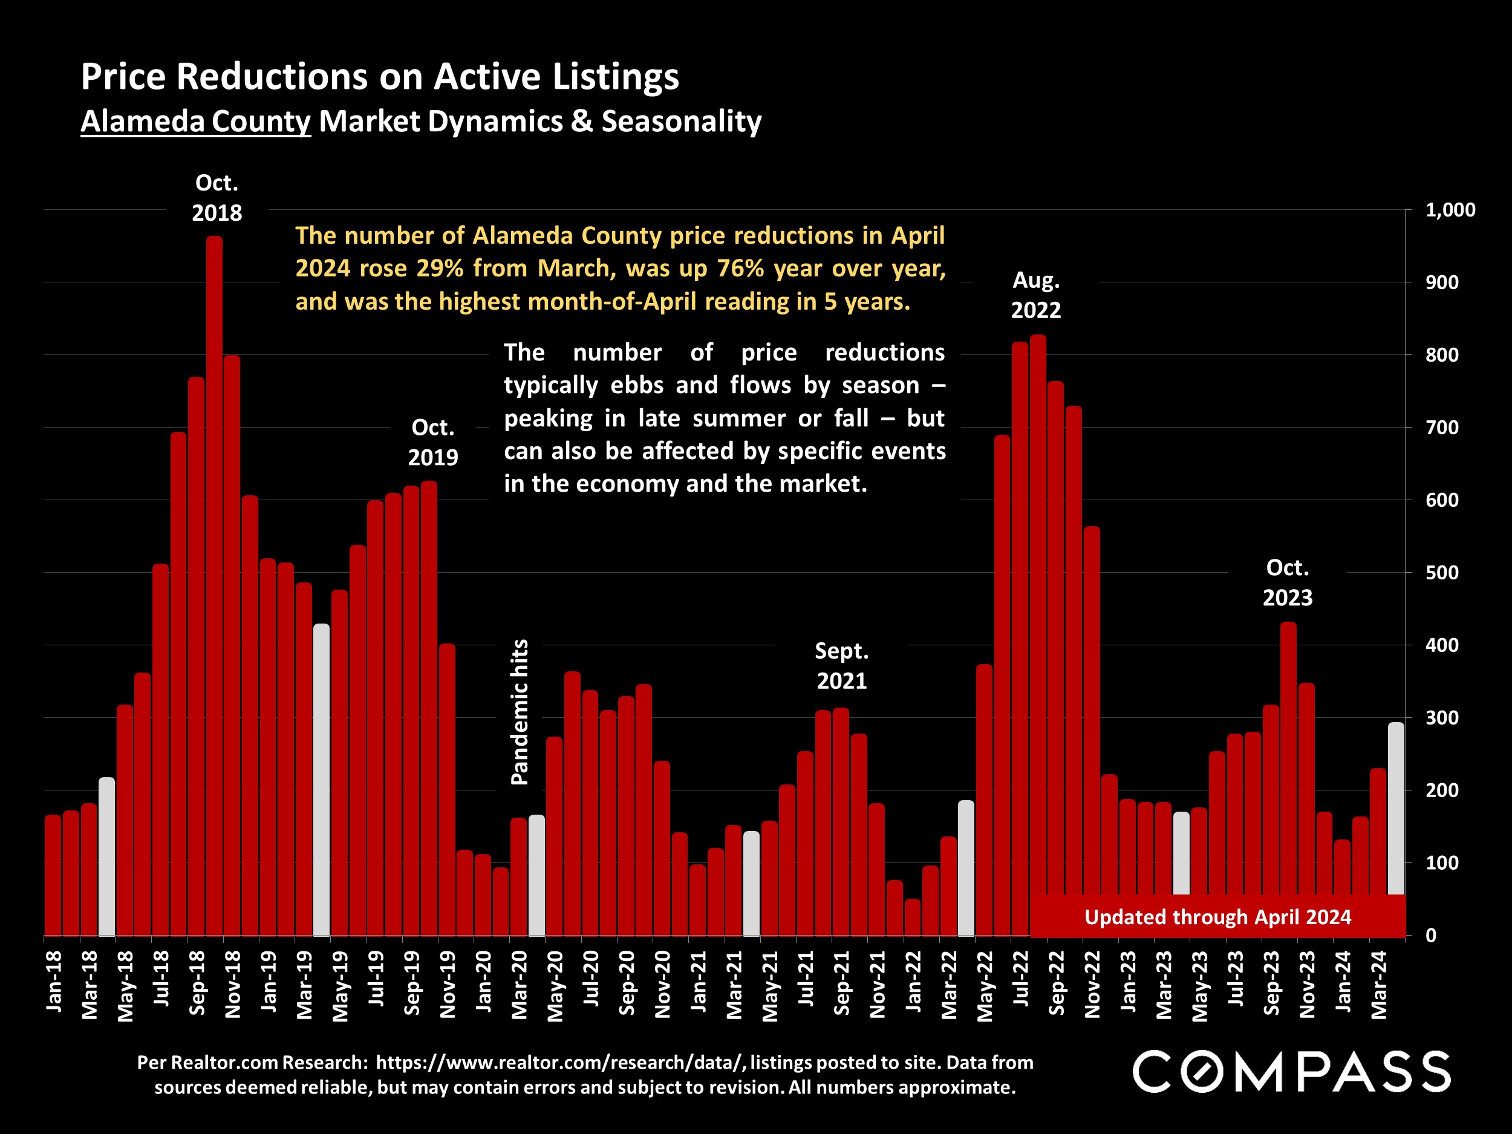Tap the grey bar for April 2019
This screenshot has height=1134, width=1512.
(321, 779)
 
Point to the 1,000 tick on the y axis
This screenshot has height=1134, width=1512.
(1450, 210)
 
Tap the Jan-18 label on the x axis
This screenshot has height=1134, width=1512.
(54, 981)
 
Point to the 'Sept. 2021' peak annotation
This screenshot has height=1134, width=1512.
(841, 666)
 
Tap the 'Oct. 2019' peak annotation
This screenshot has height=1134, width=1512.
(432, 442)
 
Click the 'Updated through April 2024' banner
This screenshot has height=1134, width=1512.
(1217, 917)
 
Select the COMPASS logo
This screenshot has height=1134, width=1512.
(1291, 1072)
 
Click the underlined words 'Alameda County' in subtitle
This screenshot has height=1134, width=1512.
(195, 122)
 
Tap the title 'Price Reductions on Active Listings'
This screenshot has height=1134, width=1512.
(380, 76)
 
